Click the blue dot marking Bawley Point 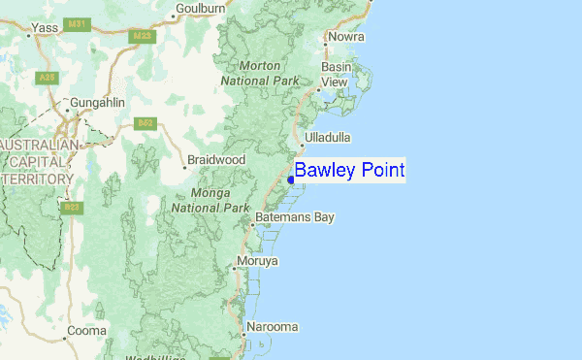pyautogui.click(x=291, y=180)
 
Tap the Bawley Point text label pyautogui.click(x=349, y=171)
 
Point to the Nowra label pyautogui.click(x=346, y=37)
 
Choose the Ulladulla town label pyautogui.click(x=326, y=138)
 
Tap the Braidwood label pyautogui.click(x=218, y=159)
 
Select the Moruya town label pyautogui.click(x=257, y=261)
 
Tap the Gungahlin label pyautogui.click(x=93, y=102)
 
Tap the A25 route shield pyautogui.click(x=46, y=77)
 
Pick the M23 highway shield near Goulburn pyautogui.click(x=143, y=37)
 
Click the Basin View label pyautogui.click(x=335, y=74)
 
